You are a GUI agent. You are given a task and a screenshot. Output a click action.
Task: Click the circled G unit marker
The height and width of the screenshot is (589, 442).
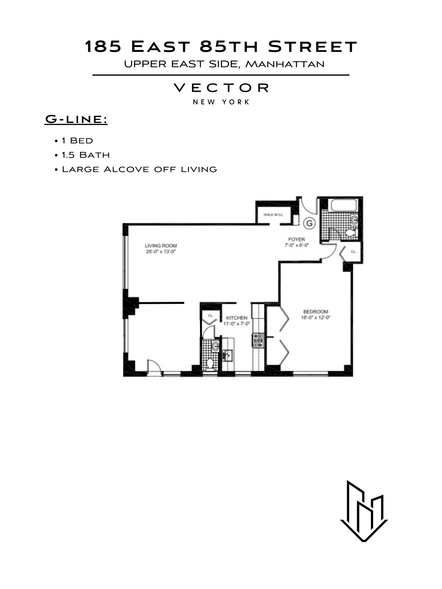pyautogui.click(x=309, y=223)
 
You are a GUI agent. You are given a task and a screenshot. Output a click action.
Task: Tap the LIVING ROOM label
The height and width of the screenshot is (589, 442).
pyautogui.click(x=161, y=245)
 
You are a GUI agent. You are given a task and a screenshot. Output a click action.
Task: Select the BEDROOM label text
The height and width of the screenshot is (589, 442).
pyautogui.click(x=316, y=311)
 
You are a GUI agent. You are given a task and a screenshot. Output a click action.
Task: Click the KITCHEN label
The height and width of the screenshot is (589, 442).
pyautogui.click(x=237, y=318)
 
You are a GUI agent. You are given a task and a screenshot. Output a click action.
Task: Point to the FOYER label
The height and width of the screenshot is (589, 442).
pyautogui.click(x=296, y=239)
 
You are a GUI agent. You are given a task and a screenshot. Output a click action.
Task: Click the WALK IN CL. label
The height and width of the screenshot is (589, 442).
pyautogui.click(x=273, y=215)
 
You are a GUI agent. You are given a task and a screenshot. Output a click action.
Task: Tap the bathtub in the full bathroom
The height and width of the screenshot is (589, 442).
pyautogui.click(x=344, y=206)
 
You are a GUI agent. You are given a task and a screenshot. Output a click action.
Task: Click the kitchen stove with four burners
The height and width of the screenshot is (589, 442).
pyautogui.click(x=258, y=340)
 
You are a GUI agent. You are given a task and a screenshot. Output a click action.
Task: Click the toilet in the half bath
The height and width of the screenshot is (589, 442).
pyautogui.click(x=210, y=364)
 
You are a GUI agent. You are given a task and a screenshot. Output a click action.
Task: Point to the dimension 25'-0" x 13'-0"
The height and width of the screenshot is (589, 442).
pyautogui.click(x=161, y=252)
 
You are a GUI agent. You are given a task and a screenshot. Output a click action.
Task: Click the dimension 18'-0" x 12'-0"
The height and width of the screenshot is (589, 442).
pyautogui.click(x=316, y=318)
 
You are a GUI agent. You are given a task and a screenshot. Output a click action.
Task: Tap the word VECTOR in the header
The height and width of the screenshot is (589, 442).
pyautogui.click(x=221, y=88)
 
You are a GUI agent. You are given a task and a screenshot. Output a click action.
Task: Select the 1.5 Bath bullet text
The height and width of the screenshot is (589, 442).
pyautogui.click(x=85, y=155)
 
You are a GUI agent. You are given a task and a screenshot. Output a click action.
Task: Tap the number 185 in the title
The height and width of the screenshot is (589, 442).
pyautogui.click(x=103, y=47)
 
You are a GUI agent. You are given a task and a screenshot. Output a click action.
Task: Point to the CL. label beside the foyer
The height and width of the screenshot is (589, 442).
pyautogui.click(x=353, y=252)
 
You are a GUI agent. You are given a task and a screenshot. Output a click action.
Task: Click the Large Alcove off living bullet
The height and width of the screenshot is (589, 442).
pyautogui.click(x=139, y=169)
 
